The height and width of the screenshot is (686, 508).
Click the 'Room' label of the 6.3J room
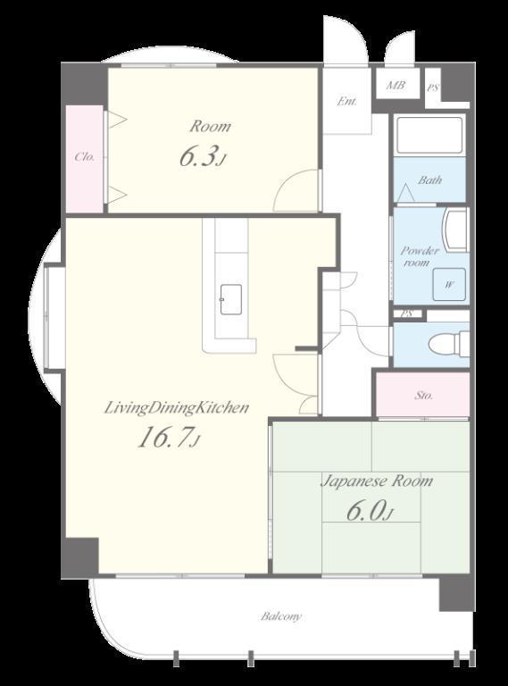click(x=210, y=127)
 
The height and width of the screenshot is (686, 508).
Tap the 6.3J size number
click(x=203, y=157)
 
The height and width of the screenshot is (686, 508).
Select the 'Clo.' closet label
click(x=85, y=156)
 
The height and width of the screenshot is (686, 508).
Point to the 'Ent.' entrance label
click(x=347, y=102)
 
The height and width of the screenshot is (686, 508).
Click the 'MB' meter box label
click(x=396, y=86)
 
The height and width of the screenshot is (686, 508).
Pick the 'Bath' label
click(x=429, y=180)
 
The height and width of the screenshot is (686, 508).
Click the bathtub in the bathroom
click(x=429, y=136)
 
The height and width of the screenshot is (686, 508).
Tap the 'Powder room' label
click(x=420, y=256)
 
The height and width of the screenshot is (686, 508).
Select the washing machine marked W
click(x=449, y=284)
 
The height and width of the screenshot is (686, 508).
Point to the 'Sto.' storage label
click(x=423, y=396)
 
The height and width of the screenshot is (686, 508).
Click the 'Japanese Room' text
click(x=377, y=481)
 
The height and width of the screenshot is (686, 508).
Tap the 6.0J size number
click(x=370, y=510)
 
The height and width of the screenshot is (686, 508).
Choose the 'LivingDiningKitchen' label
click(x=177, y=408)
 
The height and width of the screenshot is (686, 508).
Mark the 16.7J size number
click(x=169, y=438)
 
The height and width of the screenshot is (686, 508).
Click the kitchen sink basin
click(x=231, y=299)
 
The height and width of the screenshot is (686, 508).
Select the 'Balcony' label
click(x=281, y=616)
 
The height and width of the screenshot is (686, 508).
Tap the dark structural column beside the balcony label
click(x=456, y=592)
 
